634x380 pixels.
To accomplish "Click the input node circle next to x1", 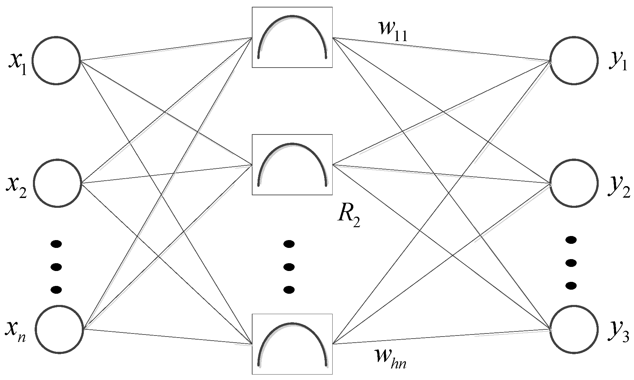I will point(56,60).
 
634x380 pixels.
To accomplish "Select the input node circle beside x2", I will point(57,183).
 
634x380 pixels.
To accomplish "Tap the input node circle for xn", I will point(59,329).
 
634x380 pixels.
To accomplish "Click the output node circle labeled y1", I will point(574,60).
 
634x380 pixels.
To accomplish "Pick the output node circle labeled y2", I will point(574,183).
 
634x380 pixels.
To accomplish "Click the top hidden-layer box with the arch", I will point(292,37).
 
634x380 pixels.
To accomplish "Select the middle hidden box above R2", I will point(292,165).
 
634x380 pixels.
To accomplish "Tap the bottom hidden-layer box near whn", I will point(292,344).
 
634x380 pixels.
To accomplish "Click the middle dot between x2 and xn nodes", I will point(56,267).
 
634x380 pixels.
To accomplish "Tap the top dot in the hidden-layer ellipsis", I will point(289,244).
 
